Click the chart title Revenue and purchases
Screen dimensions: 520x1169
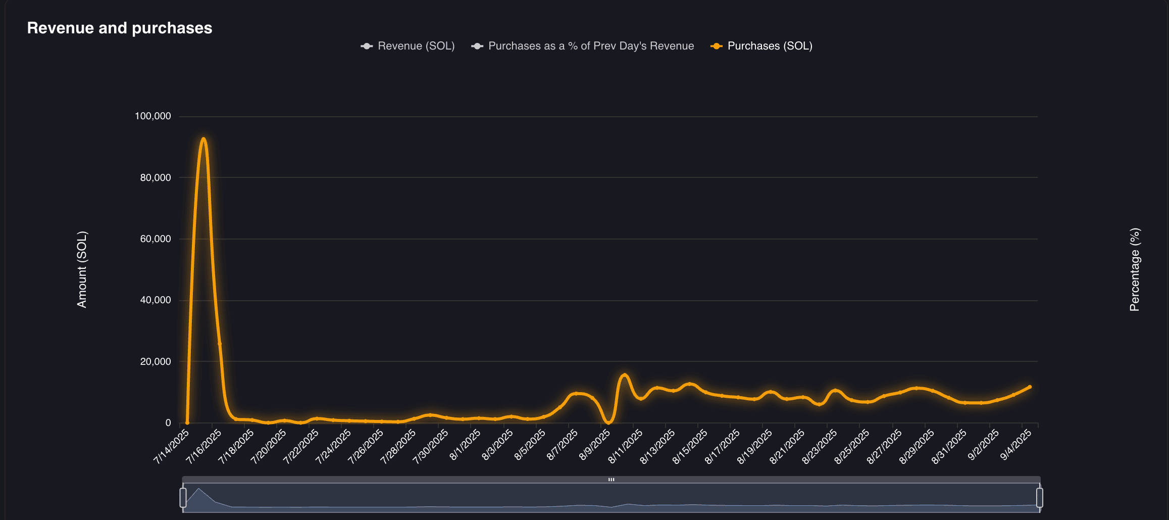pos(120,28)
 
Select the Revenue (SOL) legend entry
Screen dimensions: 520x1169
pos(408,46)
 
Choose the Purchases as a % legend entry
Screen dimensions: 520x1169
pos(583,46)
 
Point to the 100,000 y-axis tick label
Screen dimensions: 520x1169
pos(153,116)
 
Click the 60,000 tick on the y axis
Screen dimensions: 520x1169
pos(156,239)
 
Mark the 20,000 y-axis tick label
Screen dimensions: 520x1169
pos(156,362)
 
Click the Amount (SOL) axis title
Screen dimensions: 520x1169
pos(82,269)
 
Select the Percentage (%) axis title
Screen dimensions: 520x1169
pos(1135,269)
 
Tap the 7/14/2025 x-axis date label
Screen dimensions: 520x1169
pos(172,446)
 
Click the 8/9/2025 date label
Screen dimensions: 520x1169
pos(595,445)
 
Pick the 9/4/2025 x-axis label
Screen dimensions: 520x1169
pos(1016,445)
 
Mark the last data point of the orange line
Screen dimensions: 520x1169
pos(1030,387)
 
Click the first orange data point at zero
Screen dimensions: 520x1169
pos(187,423)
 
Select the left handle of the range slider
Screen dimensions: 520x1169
pos(183,498)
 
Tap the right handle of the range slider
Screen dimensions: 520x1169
pos(1039,498)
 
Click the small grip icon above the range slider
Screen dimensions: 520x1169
pos(611,480)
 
